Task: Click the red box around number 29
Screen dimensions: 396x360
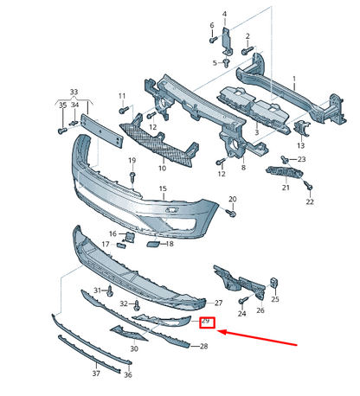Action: (x=206, y=324)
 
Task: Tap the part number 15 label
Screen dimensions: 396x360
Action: (x=162, y=188)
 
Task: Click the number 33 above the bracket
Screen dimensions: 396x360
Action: (x=74, y=92)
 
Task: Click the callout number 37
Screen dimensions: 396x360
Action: (x=96, y=374)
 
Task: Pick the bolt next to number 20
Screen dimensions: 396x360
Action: (x=231, y=212)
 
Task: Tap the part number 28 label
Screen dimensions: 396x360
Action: (x=204, y=347)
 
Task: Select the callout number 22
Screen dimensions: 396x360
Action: (x=310, y=201)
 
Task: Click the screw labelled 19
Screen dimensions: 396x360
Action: (x=132, y=176)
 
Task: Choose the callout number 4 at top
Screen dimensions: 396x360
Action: (x=224, y=14)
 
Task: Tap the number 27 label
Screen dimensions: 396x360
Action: (x=218, y=303)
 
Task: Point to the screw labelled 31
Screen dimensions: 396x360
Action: (x=109, y=291)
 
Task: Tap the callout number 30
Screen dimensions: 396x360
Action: (x=133, y=348)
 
